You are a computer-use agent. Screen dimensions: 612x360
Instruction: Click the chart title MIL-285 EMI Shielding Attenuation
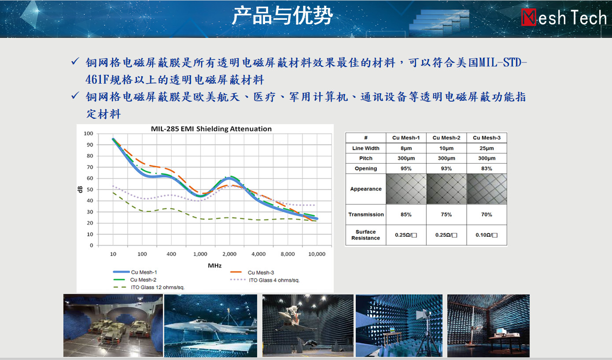pyautogui.click(x=211, y=129)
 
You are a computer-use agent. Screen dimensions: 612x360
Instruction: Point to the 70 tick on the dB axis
pyautogui.click(x=90, y=167)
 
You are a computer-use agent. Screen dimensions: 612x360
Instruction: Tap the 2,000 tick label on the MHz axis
pyautogui.click(x=229, y=254)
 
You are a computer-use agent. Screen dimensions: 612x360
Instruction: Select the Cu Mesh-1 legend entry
pyautogui.click(x=135, y=272)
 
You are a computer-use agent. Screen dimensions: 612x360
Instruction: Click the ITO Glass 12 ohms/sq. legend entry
pyautogui.click(x=149, y=287)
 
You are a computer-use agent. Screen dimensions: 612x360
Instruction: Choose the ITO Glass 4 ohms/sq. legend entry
pyautogui.click(x=265, y=280)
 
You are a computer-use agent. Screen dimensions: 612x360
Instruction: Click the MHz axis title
pyautogui.click(x=215, y=265)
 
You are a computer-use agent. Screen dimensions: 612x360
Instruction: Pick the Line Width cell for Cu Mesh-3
pyautogui.click(x=487, y=148)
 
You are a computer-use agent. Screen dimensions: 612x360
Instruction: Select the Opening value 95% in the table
pyautogui.click(x=406, y=169)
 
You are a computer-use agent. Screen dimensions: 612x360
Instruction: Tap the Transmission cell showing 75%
pyautogui.click(x=446, y=214)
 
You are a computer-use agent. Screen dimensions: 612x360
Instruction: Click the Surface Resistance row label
pyautogui.click(x=365, y=235)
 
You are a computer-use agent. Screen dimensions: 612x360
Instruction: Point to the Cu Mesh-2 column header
pyautogui.click(x=446, y=138)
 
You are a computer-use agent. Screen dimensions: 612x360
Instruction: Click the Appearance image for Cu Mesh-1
pyautogui.click(x=406, y=189)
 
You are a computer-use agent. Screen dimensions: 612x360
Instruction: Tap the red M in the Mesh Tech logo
pyautogui.click(x=529, y=17)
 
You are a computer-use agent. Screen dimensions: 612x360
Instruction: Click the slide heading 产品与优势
pyautogui.click(x=282, y=16)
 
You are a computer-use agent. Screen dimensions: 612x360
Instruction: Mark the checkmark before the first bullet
pyautogui.click(x=75, y=61)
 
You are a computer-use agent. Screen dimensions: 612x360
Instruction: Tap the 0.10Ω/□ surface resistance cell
pyautogui.click(x=487, y=235)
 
